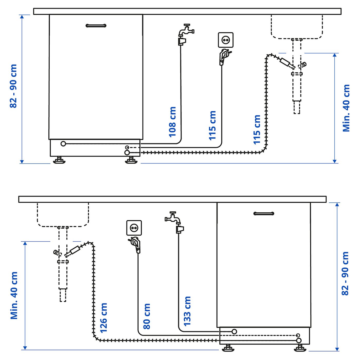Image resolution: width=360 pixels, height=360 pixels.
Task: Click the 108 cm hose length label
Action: (172, 122)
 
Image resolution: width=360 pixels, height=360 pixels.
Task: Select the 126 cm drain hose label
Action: (103, 318)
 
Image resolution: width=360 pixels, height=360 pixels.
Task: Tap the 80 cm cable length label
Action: (147, 316)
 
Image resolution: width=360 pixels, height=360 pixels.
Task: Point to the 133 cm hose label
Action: (187, 311)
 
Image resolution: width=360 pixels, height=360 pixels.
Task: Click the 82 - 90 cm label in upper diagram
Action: (13, 86)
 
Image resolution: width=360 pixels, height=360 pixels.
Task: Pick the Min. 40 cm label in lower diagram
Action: (14, 295)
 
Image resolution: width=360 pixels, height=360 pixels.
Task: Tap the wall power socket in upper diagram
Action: (226, 40)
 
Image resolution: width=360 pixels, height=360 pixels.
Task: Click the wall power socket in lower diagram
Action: (134, 228)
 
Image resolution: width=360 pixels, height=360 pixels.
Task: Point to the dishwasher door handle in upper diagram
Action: (96, 25)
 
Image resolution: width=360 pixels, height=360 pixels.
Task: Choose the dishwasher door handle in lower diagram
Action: (264, 213)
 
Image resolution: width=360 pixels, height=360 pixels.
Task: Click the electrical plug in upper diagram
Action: (223, 56)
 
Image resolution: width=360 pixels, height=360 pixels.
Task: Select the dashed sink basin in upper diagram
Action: (297, 27)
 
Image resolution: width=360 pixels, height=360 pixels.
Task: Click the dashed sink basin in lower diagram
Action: (63, 214)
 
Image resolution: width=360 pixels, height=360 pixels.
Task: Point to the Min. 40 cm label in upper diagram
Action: (346, 108)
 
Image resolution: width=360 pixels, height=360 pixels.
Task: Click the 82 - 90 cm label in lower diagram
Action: (345, 273)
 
